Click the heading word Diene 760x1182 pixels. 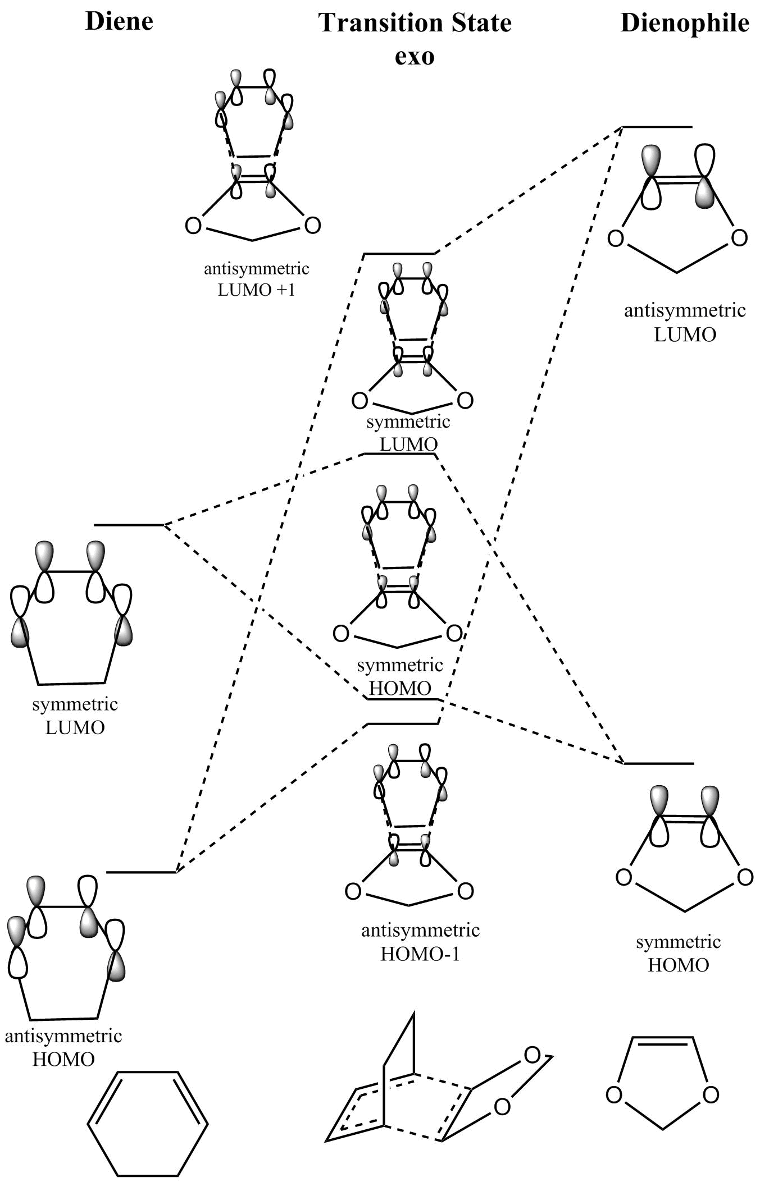[119, 21]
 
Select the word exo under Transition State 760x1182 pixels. [415, 56]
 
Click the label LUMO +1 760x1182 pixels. [256, 290]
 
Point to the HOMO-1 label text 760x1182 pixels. [420, 954]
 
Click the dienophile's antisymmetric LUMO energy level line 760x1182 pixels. [657, 127]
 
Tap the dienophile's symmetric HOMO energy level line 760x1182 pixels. [659, 763]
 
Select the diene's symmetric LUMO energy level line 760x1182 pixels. [129, 525]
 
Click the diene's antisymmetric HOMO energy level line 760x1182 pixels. [141, 872]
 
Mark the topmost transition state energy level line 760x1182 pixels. [399, 254]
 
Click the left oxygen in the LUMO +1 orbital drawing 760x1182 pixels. [193, 226]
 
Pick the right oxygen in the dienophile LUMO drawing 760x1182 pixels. [739, 238]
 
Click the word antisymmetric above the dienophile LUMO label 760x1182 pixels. [685, 310]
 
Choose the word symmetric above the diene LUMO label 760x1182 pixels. [75, 704]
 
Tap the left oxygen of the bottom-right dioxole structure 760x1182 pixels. [614, 1095]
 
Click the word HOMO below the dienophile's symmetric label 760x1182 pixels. [678, 965]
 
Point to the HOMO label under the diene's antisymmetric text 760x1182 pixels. [63, 1059]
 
